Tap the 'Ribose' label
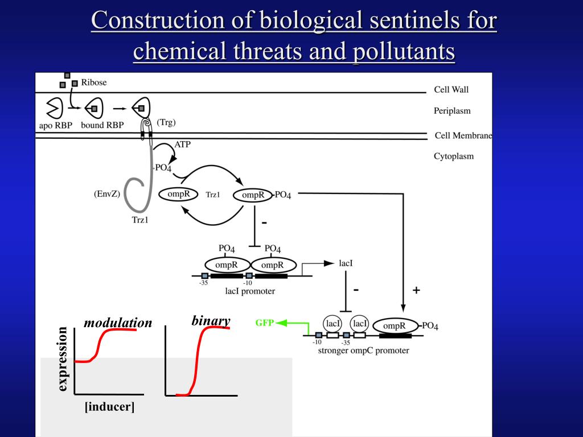click(94, 82)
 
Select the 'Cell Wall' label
click(451, 89)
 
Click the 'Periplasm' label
click(452, 111)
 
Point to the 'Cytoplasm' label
click(454, 156)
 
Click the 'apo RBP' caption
click(56, 125)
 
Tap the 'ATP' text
click(182, 145)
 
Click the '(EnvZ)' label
click(107, 194)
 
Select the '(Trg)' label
click(166, 122)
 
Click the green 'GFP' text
click(265, 323)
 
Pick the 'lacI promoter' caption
click(250, 291)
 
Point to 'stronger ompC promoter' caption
click(363, 351)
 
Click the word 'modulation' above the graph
click(118, 323)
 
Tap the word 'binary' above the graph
click(211, 321)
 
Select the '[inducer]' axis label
click(110, 407)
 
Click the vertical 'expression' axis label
click(63, 359)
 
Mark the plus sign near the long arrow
click(416, 290)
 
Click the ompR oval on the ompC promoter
click(394, 326)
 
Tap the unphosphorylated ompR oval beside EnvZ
click(178, 194)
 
